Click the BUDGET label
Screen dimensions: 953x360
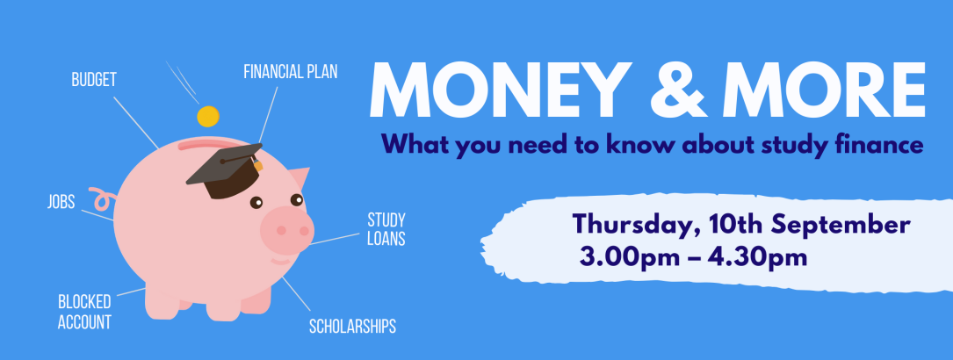[x=94, y=80]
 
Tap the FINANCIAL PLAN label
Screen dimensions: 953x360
[x=291, y=72]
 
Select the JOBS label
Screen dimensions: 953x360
[x=61, y=202]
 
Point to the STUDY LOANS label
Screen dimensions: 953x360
[x=386, y=229]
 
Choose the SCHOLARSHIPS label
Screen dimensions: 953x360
[x=352, y=327]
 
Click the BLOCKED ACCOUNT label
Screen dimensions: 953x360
[x=84, y=312]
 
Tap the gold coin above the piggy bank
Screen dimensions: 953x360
[x=208, y=116]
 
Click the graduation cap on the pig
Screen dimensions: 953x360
[x=225, y=170]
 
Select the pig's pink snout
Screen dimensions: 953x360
[x=287, y=230]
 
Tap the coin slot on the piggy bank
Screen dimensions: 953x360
[x=200, y=145]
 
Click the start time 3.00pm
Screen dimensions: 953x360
[x=628, y=257]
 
